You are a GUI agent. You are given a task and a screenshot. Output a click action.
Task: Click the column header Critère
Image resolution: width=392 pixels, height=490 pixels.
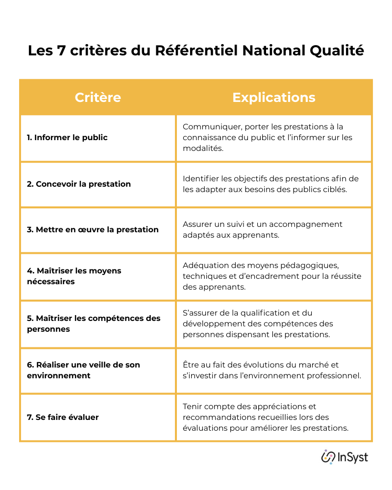click(x=98, y=98)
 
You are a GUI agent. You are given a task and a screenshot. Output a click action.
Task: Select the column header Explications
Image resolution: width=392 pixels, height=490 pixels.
click(x=273, y=98)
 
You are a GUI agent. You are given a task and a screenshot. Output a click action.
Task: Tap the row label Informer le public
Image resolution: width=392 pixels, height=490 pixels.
click(x=67, y=138)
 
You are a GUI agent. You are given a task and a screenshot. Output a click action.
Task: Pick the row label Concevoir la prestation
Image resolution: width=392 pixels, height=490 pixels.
click(x=79, y=184)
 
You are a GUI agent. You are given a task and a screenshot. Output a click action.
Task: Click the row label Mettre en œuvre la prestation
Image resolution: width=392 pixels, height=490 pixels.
click(x=93, y=230)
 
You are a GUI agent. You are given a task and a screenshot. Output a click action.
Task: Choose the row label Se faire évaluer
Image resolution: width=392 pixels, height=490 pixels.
click(x=63, y=417)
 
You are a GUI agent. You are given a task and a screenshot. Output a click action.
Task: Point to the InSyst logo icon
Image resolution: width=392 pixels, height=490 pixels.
click(x=328, y=457)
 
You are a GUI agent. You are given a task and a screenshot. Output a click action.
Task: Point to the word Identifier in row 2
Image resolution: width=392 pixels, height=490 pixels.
click(x=201, y=178)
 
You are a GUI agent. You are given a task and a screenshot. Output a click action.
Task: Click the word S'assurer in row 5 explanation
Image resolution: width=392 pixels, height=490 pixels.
click(x=201, y=313)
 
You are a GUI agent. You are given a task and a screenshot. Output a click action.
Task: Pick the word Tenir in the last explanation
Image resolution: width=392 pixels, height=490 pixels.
click(x=193, y=407)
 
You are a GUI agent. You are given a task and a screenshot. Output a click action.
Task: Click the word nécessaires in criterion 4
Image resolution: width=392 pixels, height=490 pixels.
click(x=51, y=282)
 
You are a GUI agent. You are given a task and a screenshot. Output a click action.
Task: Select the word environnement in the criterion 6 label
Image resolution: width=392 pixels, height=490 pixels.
click(x=59, y=376)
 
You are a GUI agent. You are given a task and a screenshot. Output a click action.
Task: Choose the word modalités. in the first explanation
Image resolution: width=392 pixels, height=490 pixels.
click(x=203, y=148)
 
